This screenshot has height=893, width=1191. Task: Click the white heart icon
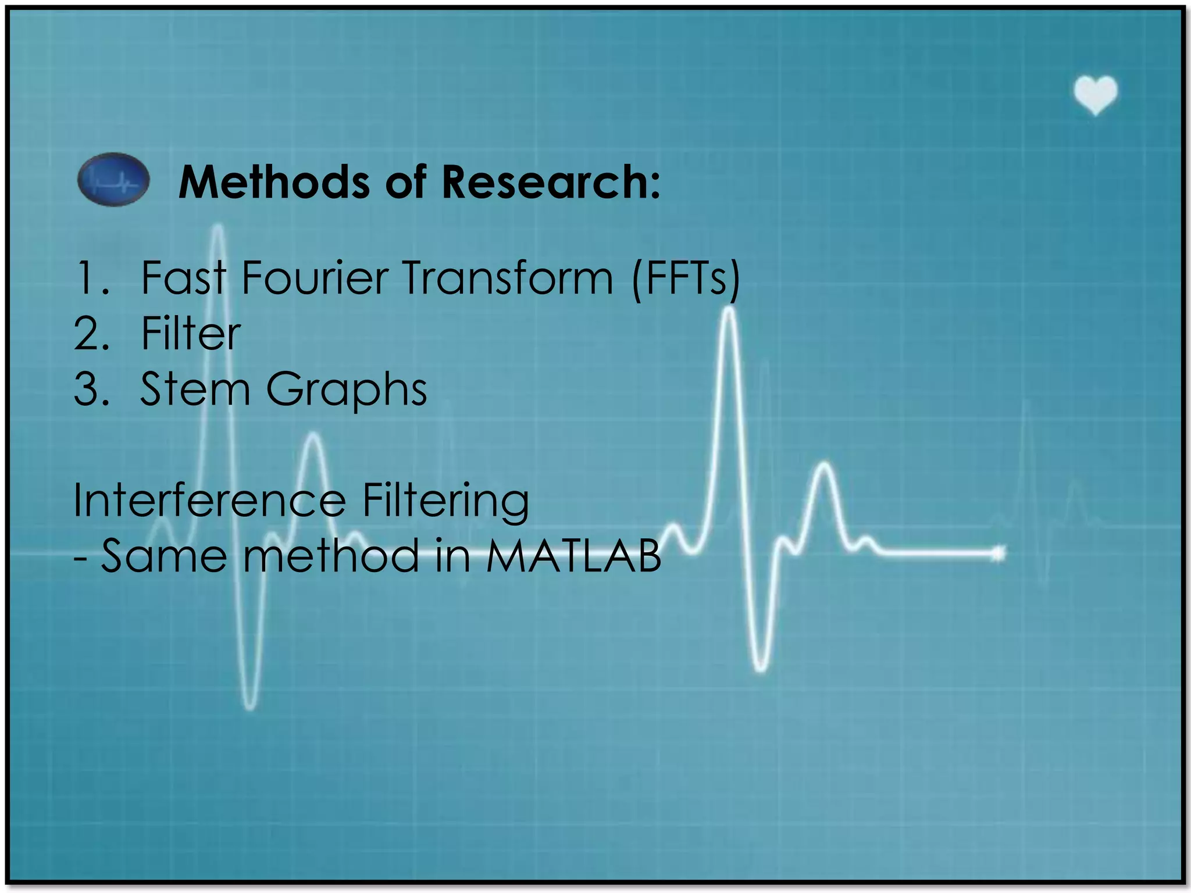click(1095, 95)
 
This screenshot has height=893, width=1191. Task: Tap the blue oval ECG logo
click(113, 180)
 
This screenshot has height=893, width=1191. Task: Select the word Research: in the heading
click(551, 182)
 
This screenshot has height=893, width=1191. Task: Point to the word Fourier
click(315, 278)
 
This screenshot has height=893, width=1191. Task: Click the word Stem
click(195, 389)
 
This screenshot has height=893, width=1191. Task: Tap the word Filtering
click(445, 501)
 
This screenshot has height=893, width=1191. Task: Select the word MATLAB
click(573, 556)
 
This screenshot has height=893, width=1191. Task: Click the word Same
click(164, 556)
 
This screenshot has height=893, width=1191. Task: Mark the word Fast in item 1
click(183, 278)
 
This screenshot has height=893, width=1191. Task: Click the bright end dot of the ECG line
click(998, 553)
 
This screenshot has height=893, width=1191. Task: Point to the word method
click(331, 556)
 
